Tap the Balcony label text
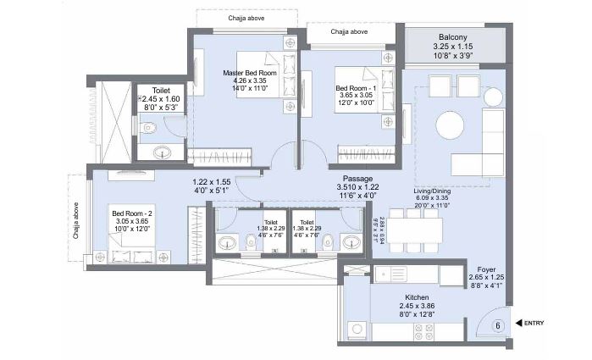click(452, 37)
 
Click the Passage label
click(357, 179)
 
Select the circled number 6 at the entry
click(497, 324)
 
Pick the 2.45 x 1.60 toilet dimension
click(161, 98)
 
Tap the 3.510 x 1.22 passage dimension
click(357, 187)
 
